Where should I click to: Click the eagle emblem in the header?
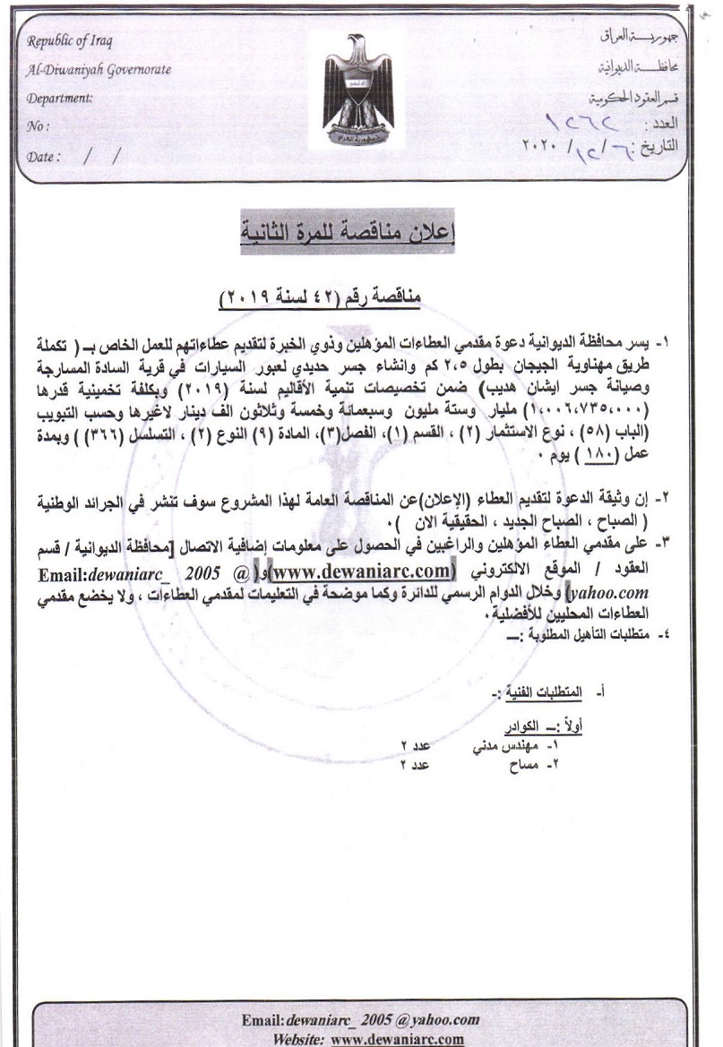(x=358, y=93)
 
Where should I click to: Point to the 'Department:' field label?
(x=61, y=99)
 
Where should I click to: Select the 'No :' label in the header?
(x=39, y=126)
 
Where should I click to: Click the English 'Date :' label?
(x=44, y=155)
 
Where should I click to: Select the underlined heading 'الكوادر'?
(x=524, y=726)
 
